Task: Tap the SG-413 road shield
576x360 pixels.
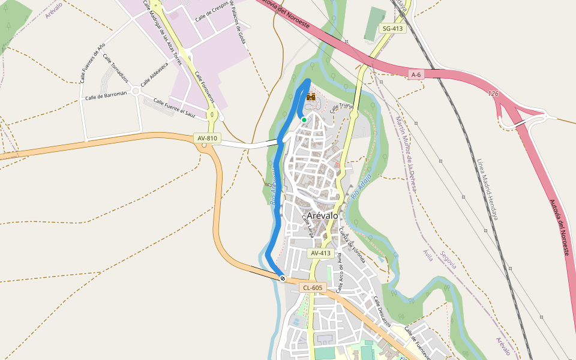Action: tap(393, 28)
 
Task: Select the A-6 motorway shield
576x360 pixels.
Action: tap(416, 74)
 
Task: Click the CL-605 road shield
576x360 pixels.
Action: tap(312, 288)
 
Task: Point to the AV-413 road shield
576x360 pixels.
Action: tap(320, 253)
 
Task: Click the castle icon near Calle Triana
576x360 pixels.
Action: tap(311, 97)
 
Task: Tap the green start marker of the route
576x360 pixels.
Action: tap(304, 120)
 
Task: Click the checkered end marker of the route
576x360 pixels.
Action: tap(282, 278)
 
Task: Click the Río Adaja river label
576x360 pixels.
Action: tap(361, 187)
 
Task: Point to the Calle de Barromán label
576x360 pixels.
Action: tap(106, 96)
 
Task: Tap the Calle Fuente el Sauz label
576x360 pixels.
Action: tap(175, 107)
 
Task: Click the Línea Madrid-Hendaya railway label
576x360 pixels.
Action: tap(487, 189)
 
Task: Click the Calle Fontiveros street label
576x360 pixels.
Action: tap(204, 90)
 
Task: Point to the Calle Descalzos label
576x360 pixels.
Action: tap(382, 311)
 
